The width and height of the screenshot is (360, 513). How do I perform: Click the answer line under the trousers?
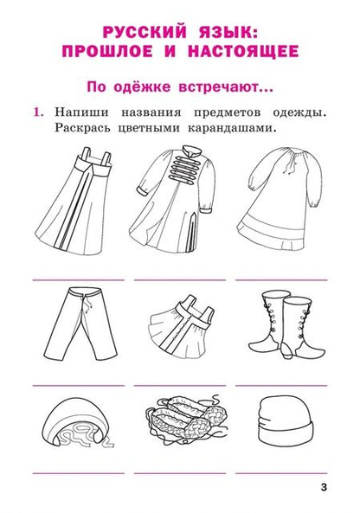click(76, 383)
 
